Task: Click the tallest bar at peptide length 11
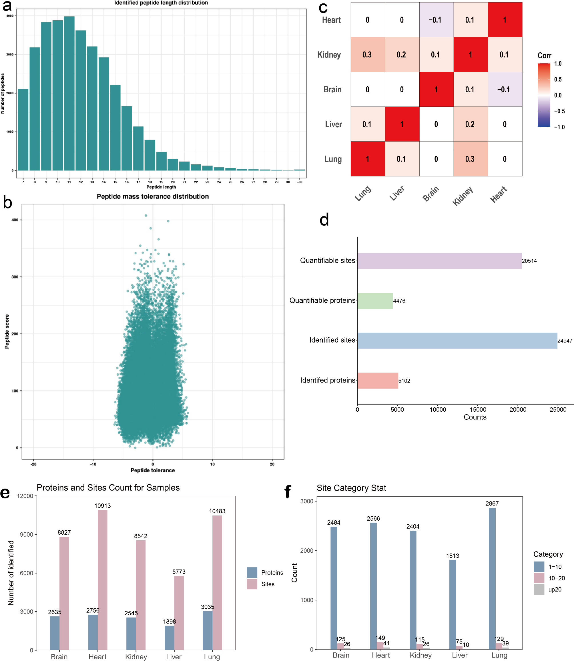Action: [69, 93]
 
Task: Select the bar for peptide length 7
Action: [23, 130]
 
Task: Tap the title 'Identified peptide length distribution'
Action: [161, 3]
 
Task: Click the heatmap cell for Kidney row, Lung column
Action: [368, 55]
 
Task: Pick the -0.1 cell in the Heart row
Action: [436, 20]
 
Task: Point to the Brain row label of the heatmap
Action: [332, 89]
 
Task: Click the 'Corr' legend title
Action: [544, 56]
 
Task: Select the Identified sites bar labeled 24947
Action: [457, 341]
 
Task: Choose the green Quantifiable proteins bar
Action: [375, 300]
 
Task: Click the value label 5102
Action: [404, 381]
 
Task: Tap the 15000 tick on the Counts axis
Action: [478, 409]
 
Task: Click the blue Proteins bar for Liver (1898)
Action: [170, 638]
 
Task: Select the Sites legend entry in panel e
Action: [268, 584]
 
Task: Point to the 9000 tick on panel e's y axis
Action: [27, 534]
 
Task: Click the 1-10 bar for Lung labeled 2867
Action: [492, 578]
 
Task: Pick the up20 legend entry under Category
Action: [555, 590]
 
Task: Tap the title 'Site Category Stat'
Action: [351, 488]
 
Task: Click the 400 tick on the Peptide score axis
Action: [15, 220]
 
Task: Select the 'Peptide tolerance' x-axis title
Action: [153, 470]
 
